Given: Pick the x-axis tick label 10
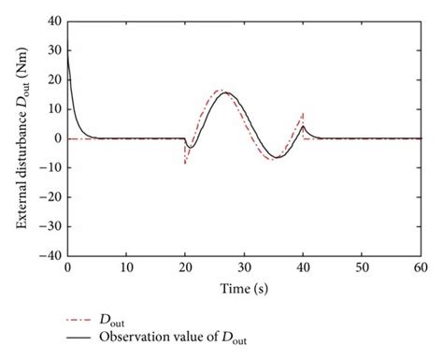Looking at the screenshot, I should pos(126,268).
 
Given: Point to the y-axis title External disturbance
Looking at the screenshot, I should pos(22,137).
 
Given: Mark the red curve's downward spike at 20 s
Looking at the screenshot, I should pos(185,164).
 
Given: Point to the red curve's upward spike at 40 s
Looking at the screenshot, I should pos(303,112).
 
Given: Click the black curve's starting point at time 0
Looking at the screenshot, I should pos(67,51).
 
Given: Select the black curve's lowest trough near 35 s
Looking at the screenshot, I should pos(275,157).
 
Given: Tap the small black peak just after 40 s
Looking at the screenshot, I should pos(304,126).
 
